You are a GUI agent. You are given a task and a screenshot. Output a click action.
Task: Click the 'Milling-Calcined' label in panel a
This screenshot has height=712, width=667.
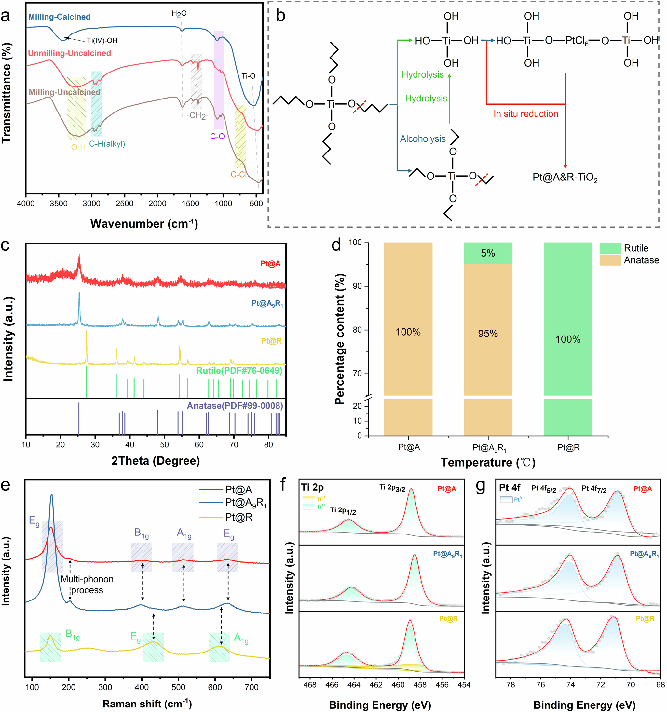[59, 17]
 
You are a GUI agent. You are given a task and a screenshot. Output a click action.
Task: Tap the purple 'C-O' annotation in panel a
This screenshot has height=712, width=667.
[217, 136]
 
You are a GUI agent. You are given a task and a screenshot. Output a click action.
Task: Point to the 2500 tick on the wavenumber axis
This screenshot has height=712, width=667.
[124, 204]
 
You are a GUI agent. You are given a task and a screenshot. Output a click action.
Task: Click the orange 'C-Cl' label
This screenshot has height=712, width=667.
[238, 174]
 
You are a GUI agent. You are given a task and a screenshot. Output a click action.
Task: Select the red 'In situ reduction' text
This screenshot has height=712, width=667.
[525, 114]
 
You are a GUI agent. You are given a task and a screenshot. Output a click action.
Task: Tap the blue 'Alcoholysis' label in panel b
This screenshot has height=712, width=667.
[423, 139]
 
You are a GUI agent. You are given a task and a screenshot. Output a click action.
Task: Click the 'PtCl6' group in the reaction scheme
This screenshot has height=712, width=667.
[577, 41]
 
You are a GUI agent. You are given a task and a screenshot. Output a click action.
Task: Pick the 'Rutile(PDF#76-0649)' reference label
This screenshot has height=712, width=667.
[239, 370]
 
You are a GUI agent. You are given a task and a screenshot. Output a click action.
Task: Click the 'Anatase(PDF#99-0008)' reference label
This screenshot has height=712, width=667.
[235, 406]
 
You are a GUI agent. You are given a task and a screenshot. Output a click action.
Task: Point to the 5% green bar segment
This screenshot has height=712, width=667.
[488, 253]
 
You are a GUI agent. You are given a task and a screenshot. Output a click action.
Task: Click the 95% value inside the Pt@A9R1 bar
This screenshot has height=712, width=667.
[488, 334]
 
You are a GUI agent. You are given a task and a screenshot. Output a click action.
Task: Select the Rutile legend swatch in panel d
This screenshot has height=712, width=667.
[610, 248]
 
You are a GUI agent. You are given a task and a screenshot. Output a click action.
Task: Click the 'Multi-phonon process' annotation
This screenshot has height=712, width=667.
[87, 585]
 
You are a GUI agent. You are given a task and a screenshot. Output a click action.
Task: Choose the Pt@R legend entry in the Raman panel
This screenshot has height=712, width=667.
[238, 517]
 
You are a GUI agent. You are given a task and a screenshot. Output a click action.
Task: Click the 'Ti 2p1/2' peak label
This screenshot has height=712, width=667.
[343, 511]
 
